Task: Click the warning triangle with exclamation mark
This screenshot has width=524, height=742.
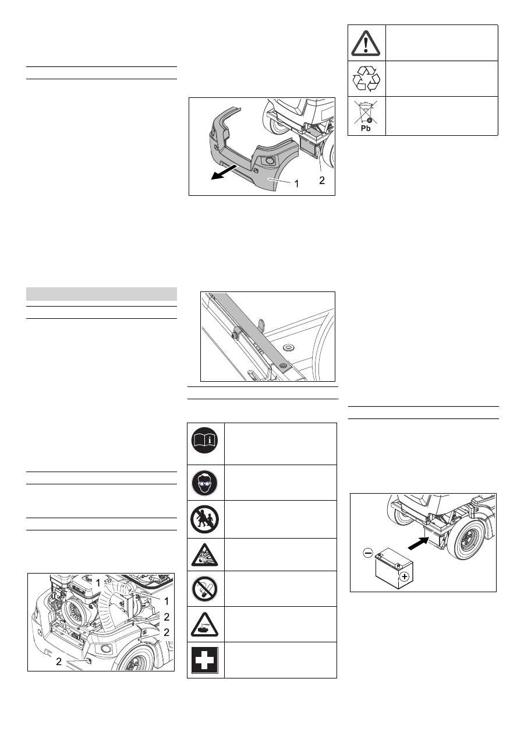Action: pyautogui.click(x=366, y=43)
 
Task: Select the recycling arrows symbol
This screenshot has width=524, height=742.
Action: pyautogui.click(x=366, y=79)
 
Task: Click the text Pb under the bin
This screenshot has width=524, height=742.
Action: pyautogui.click(x=366, y=129)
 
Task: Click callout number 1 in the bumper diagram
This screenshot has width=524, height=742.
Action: pyautogui.click(x=297, y=184)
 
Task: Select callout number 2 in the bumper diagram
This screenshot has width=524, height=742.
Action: pyautogui.click(x=322, y=181)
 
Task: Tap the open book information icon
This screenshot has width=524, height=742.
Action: pyautogui.click(x=204, y=440)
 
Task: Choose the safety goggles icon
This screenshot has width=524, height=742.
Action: pyautogui.click(x=204, y=483)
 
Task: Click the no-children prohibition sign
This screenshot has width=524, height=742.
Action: pyautogui.click(x=204, y=519)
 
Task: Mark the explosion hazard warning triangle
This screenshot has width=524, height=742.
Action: pyautogui.click(x=204, y=555)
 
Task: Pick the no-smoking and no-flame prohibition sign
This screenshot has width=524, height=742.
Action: pyautogui.click(x=204, y=589)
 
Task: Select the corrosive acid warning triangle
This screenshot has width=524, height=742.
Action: pyautogui.click(x=204, y=625)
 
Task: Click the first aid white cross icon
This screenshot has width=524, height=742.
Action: pyautogui.click(x=204, y=660)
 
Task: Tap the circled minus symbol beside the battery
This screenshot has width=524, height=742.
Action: pyautogui.click(x=368, y=553)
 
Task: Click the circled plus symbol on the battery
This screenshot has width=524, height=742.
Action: pyautogui.click(x=404, y=576)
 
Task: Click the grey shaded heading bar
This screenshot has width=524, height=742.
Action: pyautogui.click(x=101, y=294)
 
